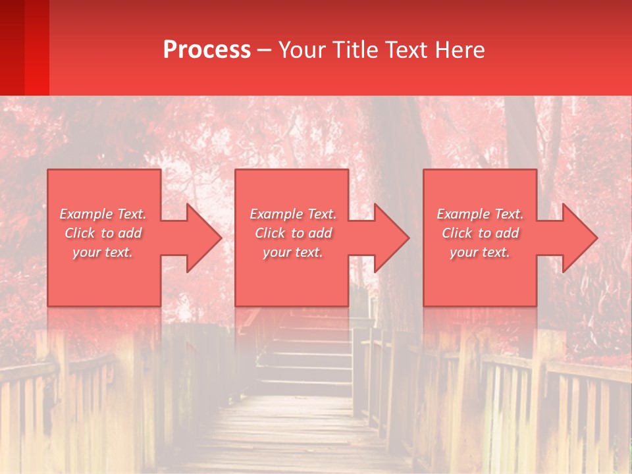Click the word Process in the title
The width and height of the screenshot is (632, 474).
coord(207,50)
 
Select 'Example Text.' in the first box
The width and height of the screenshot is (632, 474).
coord(103,214)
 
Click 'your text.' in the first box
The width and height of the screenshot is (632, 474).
coord(103,252)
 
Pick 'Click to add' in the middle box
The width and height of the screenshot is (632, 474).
coord(293,233)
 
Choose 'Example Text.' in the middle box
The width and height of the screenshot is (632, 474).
coord(293,214)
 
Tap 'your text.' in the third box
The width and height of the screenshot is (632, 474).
coord(480,252)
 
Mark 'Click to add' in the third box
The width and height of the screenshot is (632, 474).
coord(480,233)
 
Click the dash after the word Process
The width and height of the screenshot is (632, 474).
coord(264,50)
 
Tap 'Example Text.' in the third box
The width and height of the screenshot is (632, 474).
coord(480,214)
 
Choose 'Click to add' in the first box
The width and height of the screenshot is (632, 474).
coord(103,233)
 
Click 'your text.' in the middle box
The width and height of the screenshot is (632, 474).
coord(293,252)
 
